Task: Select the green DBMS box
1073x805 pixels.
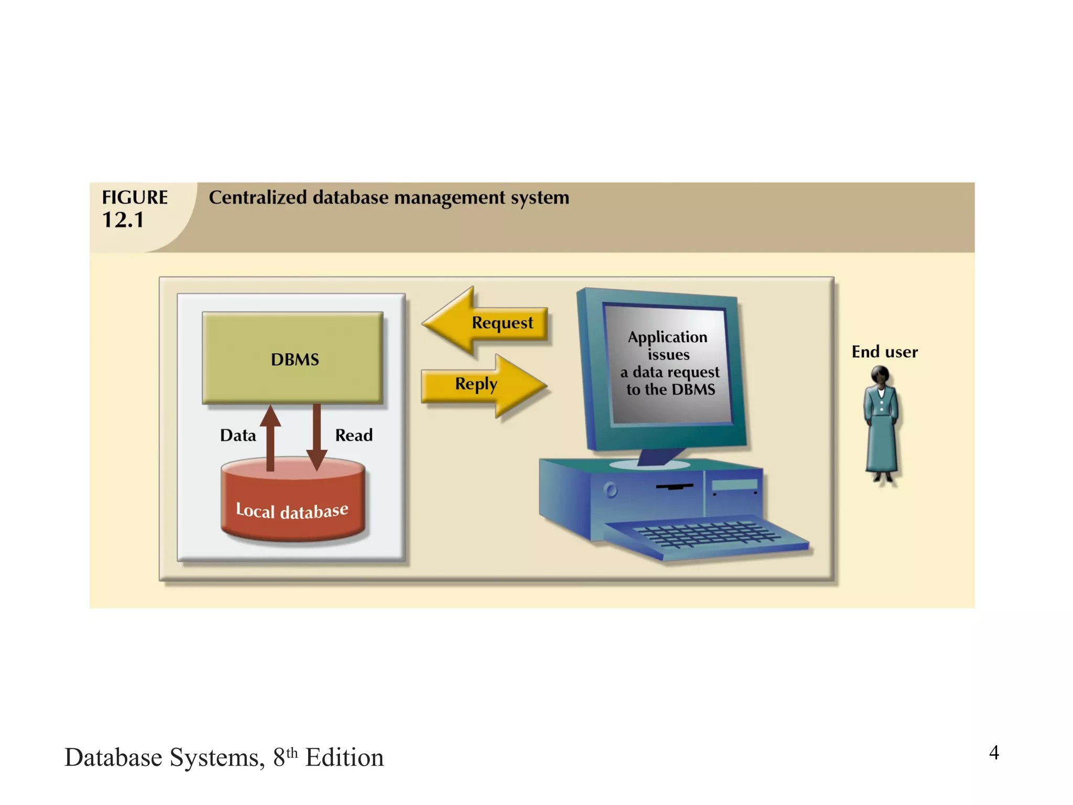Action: (x=293, y=358)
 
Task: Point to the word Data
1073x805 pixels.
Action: (x=238, y=436)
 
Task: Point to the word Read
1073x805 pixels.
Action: (x=354, y=436)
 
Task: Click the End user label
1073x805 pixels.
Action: (x=884, y=352)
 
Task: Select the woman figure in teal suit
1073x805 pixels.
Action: (x=881, y=425)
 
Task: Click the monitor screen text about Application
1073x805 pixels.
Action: (x=669, y=363)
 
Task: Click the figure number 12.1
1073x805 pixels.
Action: (x=123, y=220)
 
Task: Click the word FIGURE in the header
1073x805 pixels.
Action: (x=135, y=198)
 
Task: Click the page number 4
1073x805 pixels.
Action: (x=993, y=753)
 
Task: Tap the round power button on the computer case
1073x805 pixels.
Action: (x=610, y=491)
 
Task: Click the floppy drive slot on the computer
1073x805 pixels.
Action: (x=675, y=487)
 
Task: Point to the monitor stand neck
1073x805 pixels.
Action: (x=659, y=456)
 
